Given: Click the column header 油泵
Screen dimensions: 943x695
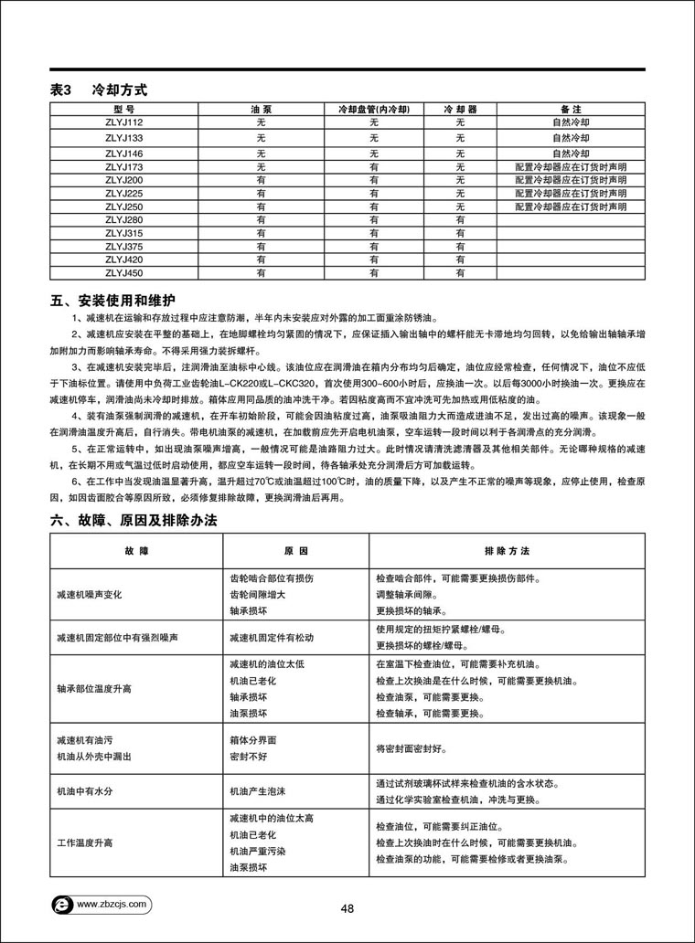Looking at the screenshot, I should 261,108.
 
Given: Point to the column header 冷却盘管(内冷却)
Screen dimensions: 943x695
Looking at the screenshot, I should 373,108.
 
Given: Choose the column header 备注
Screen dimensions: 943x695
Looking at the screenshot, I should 571,108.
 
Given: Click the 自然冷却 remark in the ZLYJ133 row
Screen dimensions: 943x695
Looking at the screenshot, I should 571,137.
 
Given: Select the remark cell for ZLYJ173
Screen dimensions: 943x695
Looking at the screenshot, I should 571,167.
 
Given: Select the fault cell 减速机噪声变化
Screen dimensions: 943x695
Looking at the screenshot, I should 95,595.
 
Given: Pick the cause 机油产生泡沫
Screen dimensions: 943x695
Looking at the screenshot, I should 257,792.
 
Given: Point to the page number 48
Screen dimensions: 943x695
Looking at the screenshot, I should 347,908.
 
